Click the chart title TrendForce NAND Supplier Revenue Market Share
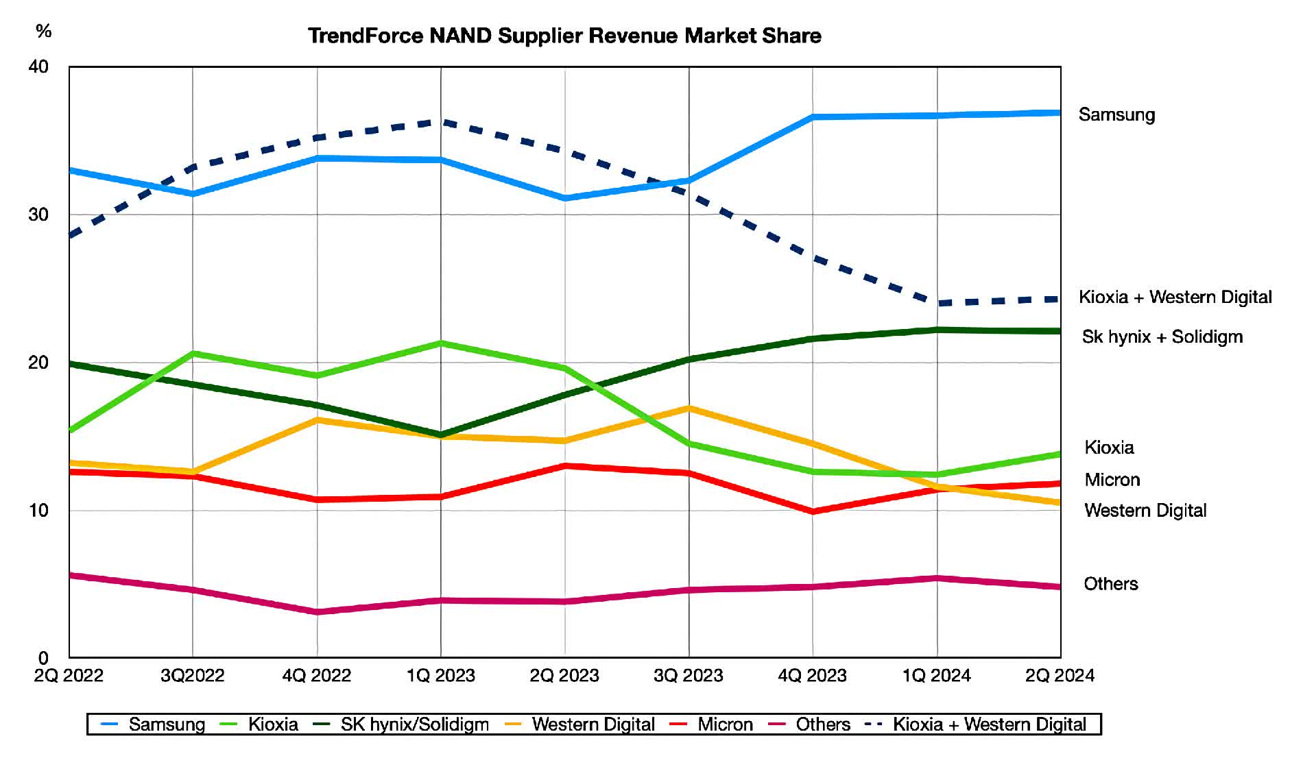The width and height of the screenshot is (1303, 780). tap(564, 36)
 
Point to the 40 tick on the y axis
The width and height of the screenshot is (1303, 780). tap(38, 66)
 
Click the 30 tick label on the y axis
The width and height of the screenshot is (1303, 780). tap(38, 215)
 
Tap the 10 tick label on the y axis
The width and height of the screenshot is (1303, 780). tap(38, 511)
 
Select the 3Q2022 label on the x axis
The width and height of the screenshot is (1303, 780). tap(192, 676)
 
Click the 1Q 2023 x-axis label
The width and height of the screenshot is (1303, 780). tap(440, 676)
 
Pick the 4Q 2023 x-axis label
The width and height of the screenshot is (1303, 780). tap(812, 676)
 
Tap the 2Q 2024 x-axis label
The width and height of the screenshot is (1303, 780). tap(1060, 676)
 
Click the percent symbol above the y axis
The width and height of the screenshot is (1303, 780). tap(43, 31)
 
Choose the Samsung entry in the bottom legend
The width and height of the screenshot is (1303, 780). tap(166, 724)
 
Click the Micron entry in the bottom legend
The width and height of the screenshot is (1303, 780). tap(725, 724)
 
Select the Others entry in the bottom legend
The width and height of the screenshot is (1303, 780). tap(822, 724)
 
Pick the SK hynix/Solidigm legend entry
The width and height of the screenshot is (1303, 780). tap(414, 724)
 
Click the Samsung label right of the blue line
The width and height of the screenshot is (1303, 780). tap(1116, 114)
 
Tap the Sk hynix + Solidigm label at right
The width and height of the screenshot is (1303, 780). tap(1162, 337)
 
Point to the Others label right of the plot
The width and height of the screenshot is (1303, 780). tap(1110, 584)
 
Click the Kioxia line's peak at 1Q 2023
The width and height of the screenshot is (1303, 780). tap(440, 343)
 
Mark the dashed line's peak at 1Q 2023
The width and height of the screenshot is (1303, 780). tap(440, 122)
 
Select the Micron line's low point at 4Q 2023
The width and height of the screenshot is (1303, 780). tap(813, 511)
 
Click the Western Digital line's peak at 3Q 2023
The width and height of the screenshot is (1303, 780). tap(689, 409)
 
